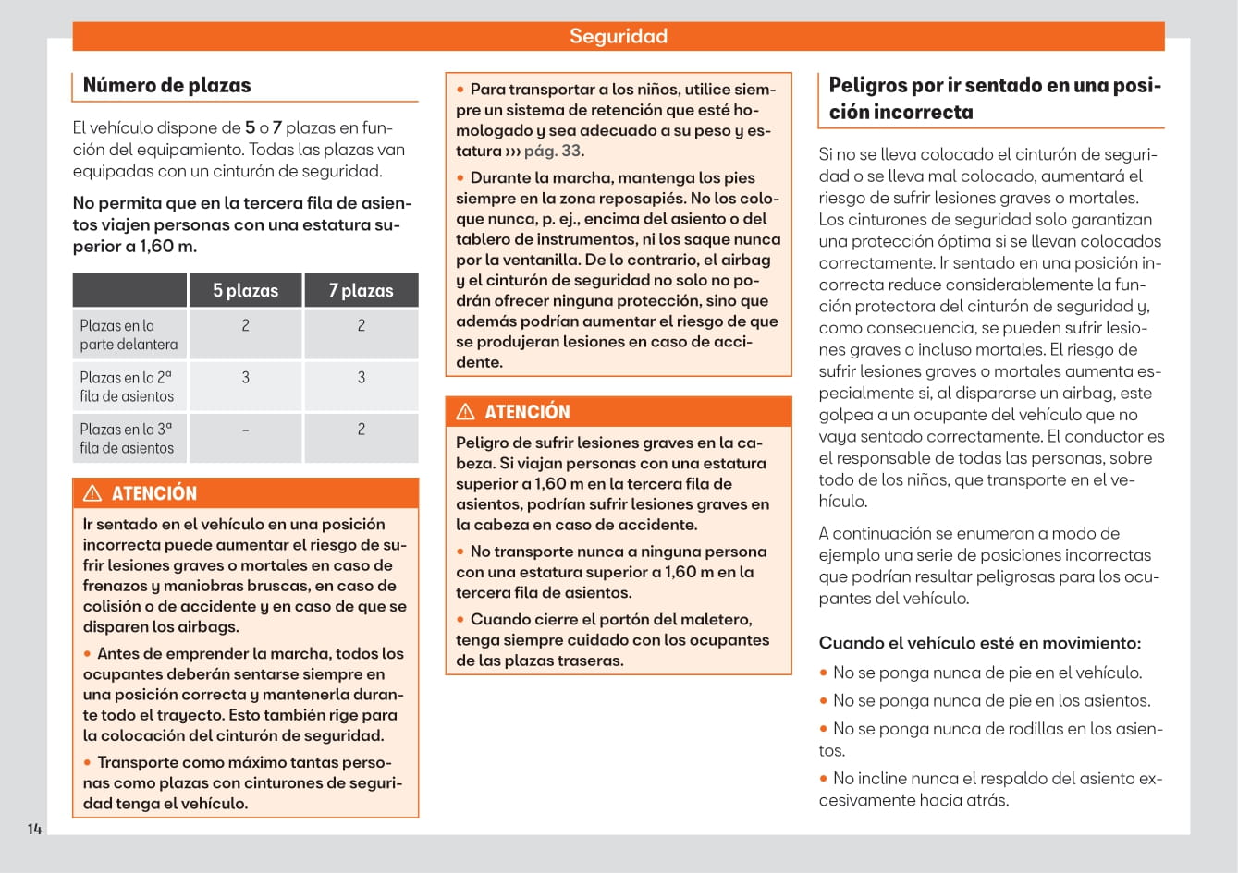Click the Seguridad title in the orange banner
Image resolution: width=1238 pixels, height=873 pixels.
618,36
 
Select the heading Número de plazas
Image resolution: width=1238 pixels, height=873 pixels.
166,85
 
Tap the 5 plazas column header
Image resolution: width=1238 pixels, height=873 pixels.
245,290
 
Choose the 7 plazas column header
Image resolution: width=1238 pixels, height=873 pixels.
361,290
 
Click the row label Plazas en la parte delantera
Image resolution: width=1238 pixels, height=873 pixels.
129,334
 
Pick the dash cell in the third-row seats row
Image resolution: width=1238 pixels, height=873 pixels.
245,430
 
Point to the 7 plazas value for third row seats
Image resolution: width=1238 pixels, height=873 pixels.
361,430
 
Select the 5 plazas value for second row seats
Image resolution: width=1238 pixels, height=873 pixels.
245,378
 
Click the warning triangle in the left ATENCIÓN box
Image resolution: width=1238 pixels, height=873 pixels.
92,493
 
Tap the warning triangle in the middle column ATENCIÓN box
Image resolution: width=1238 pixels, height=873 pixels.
466,412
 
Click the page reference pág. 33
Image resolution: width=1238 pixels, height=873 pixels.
553,151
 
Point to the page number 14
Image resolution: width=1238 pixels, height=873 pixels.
34,829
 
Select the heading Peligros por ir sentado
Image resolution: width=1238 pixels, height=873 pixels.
994,98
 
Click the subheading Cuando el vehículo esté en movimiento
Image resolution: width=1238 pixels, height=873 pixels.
980,643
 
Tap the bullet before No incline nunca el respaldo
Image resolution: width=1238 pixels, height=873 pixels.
824,779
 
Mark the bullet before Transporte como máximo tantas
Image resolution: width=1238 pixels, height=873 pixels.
88,763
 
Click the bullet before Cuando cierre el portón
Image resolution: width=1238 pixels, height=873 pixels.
461,620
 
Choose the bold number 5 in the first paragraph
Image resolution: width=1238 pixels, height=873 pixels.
250,127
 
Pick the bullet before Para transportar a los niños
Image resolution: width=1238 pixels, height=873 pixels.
461,90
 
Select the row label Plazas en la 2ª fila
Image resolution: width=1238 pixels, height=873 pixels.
127,386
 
